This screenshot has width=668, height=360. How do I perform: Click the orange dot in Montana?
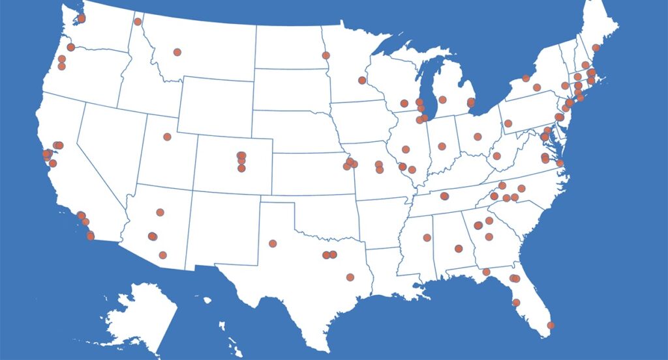click(177, 52)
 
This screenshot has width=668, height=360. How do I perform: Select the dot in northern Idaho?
click(138, 21)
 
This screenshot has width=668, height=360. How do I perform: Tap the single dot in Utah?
click(167, 137)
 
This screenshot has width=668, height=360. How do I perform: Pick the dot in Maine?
click(596, 48)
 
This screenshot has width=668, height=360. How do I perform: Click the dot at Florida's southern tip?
click(551, 325)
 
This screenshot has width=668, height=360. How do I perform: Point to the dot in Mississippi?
click(427, 238)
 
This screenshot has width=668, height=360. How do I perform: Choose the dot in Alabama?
click(459, 248)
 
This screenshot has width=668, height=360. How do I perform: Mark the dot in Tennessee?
click(444, 196)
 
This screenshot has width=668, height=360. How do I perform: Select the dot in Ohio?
click(478, 137)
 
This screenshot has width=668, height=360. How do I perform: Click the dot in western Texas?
click(273, 243)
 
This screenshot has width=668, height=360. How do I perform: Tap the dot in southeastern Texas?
click(350, 277)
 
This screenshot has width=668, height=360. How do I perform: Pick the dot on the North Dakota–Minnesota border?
click(326, 55)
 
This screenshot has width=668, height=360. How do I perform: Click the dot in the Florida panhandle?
click(486, 271)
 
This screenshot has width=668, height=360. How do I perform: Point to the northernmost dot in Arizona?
click(160, 212)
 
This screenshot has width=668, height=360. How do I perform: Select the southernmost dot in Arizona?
click(162, 255)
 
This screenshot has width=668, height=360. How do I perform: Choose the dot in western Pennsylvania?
click(508, 124)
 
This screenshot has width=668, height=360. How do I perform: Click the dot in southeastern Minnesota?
click(362, 80)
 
